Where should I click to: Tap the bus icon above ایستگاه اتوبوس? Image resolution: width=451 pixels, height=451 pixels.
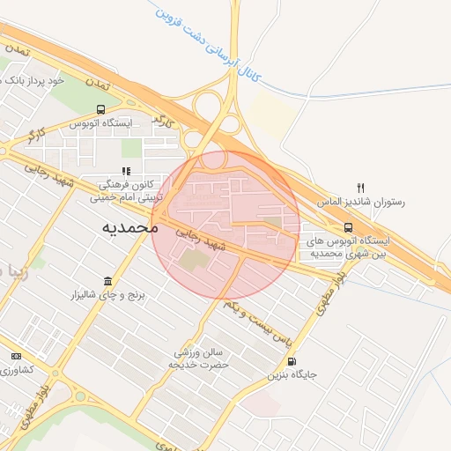[100, 110]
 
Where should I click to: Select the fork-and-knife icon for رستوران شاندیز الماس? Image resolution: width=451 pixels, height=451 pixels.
[360, 188]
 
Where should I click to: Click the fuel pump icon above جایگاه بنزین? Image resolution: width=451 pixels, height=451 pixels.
[292, 360]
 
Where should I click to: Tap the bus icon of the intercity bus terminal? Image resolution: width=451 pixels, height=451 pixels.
[348, 226]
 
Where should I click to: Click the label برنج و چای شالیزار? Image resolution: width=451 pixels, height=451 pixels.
[107, 293]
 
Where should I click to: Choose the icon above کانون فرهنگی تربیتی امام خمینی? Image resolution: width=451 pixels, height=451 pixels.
[127, 171]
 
